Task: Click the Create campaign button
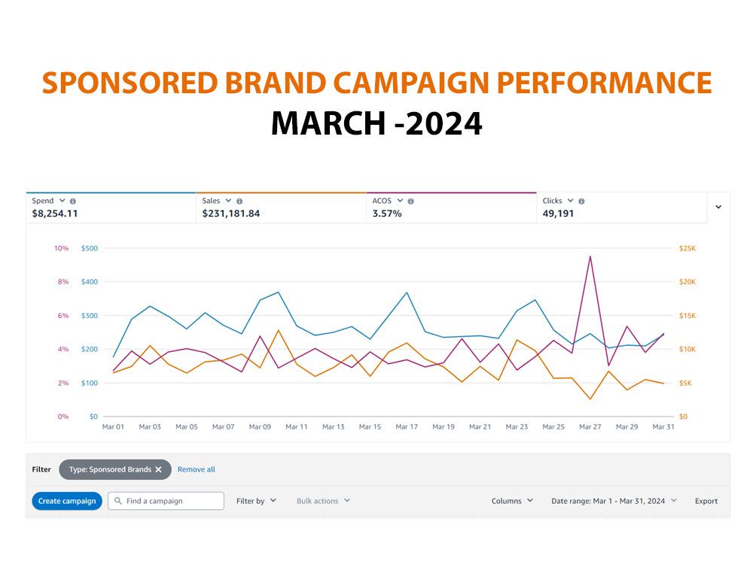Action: (67, 501)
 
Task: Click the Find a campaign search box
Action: (166, 501)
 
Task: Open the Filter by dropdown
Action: (256, 501)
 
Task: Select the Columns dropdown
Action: (512, 501)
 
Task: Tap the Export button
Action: (706, 501)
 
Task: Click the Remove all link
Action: (196, 469)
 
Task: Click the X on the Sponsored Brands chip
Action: (158, 469)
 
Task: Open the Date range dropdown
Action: (614, 501)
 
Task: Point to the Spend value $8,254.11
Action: (55, 214)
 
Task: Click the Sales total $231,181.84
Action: (231, 214)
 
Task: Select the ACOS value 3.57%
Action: (387, 214)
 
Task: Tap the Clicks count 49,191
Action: (558, 214)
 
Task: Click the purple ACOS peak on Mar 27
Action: (590, 256)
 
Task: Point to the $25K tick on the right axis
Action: (687, 248)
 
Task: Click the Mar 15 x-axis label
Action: (370, 427)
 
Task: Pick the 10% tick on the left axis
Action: (62, 248)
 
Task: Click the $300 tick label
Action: (90, 316)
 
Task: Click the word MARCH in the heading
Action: (328, 123)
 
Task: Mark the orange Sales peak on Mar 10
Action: (279, 330)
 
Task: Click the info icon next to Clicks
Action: (581, 202)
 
